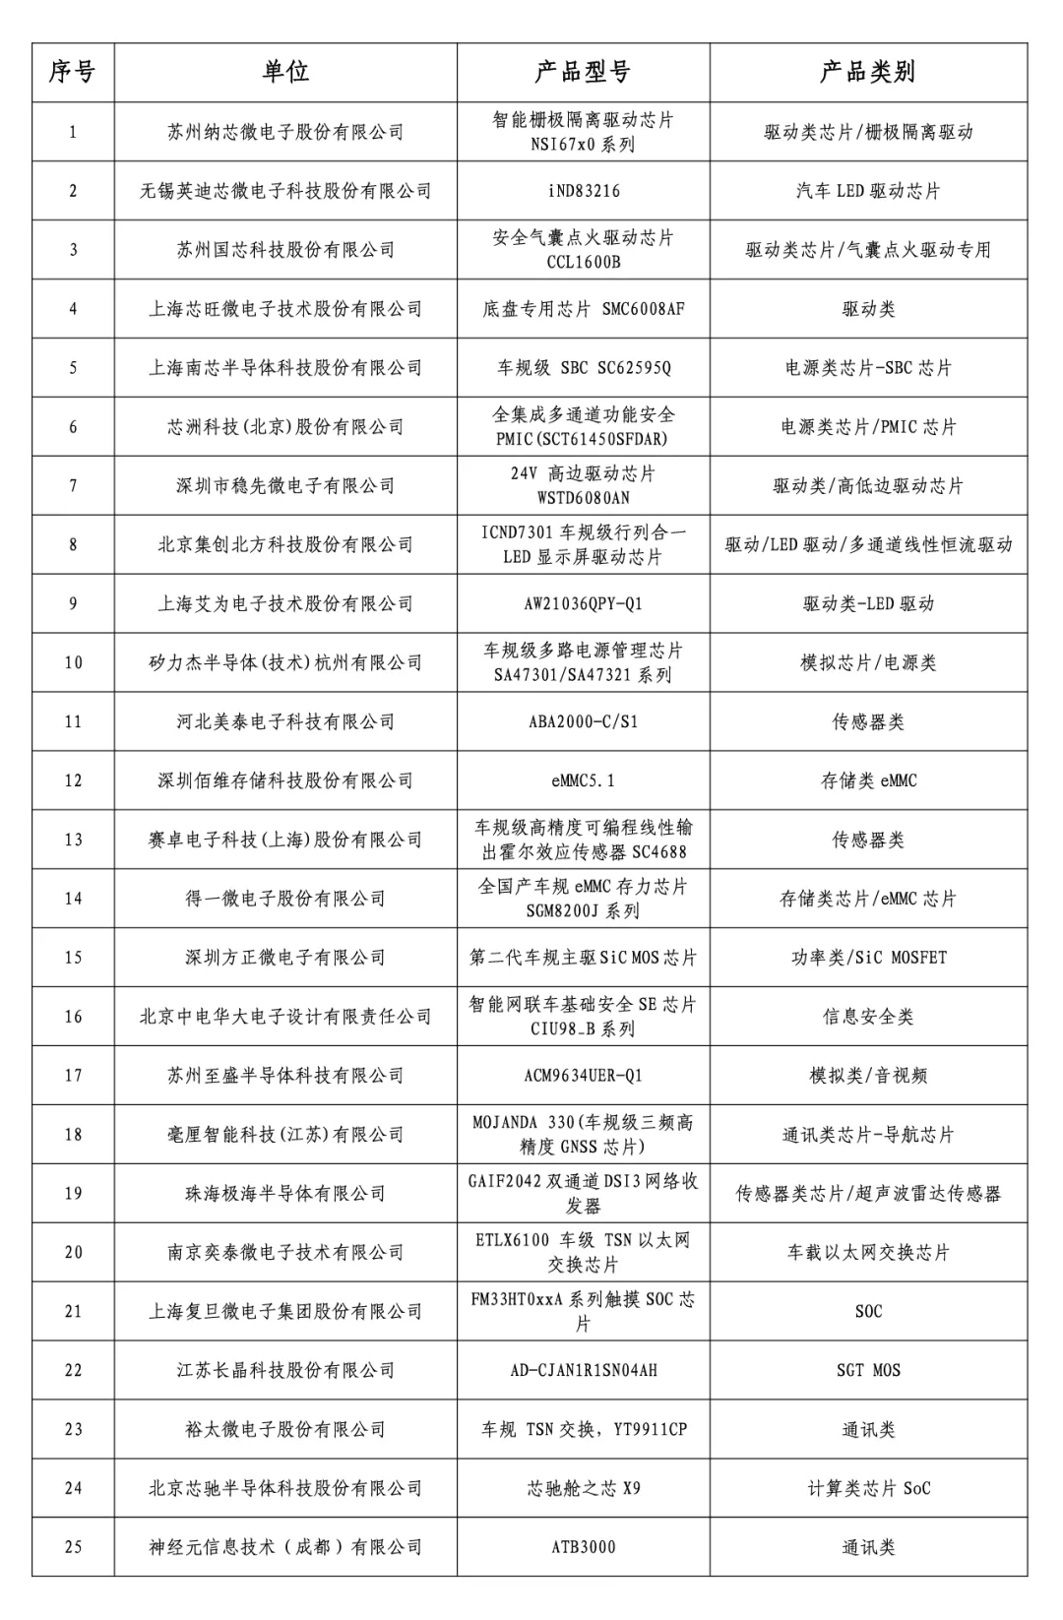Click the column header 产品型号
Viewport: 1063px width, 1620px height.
(x=583, y=72)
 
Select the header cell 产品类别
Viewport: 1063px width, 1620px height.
(x=867, y=72)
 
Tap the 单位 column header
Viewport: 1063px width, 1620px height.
(x=285, y=72)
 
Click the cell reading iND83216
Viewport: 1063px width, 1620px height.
(x=583, y=191)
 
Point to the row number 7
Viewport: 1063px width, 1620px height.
(x=73, y=486)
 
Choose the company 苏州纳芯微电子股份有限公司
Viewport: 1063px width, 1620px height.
(x=285, y=132)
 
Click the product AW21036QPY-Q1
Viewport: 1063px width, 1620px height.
(x=583, y=604)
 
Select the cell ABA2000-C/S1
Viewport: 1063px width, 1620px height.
(x=583, y=722)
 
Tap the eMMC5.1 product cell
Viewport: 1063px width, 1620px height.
(x=583, y=781)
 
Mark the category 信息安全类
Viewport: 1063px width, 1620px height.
(x=867, y=1017)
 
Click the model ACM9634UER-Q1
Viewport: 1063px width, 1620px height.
(x=583, y=1076)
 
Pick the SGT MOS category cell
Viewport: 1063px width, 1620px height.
(x=867, y=1370)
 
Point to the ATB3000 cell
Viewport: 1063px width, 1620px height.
(x=583, y=1547)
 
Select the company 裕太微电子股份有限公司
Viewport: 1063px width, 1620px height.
(x=285, y=1429)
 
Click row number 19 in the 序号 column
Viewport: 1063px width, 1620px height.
(x=73, y=1194)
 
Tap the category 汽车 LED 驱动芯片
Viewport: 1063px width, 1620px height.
(x=867, y=191)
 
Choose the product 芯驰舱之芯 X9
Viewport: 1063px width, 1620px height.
(x=583, y=1488)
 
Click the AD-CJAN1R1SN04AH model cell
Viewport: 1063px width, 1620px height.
(x=583, y=1370)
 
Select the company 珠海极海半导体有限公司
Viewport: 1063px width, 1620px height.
(x=285, y=1194)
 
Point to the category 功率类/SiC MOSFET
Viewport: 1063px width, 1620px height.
(x=867, y=958)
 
